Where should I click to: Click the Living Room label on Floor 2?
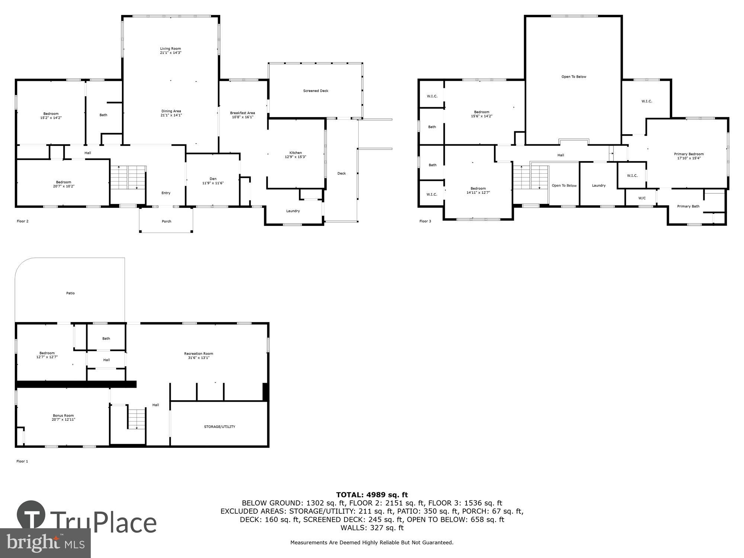pos(170,49)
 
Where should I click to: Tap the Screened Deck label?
pos(315,91)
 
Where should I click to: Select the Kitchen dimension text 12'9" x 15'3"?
pos(295,157)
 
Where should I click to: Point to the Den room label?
pos(213,179)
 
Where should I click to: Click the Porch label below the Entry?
pos(166,221)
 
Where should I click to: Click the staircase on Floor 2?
pos(128,177)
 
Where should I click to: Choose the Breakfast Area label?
pos(242,113)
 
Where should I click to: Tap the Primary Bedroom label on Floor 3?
pos(689,154)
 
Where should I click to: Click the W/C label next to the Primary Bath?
pos(642,198)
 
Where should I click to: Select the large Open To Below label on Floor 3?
pos(574,77)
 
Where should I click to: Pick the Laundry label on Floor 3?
pos(599,186)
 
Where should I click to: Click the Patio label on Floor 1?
pos(70,293)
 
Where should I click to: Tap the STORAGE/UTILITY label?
pos(219,427)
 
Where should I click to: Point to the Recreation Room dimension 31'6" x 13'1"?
pos(198,358)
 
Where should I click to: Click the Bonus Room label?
pos(63,416)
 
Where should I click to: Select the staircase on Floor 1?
pos(136,419)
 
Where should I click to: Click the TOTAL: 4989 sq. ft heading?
pos(372,495)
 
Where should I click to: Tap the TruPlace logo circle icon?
pos(31,515)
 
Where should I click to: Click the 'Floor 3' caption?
pos(425,221)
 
